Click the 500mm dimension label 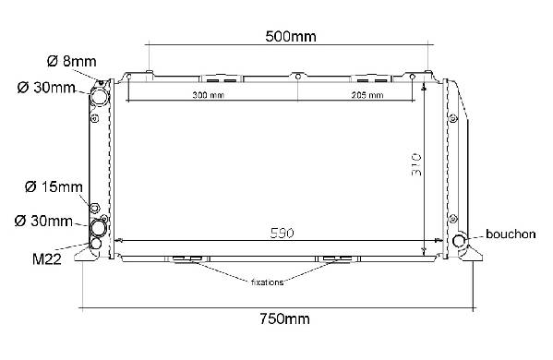291,36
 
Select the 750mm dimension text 285,318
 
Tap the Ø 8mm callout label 71,61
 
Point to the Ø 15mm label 54,186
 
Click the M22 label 46,259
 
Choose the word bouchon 511,234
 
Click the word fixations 267,282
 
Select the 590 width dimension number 282,233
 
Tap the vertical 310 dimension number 416,164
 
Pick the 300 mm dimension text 208,95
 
